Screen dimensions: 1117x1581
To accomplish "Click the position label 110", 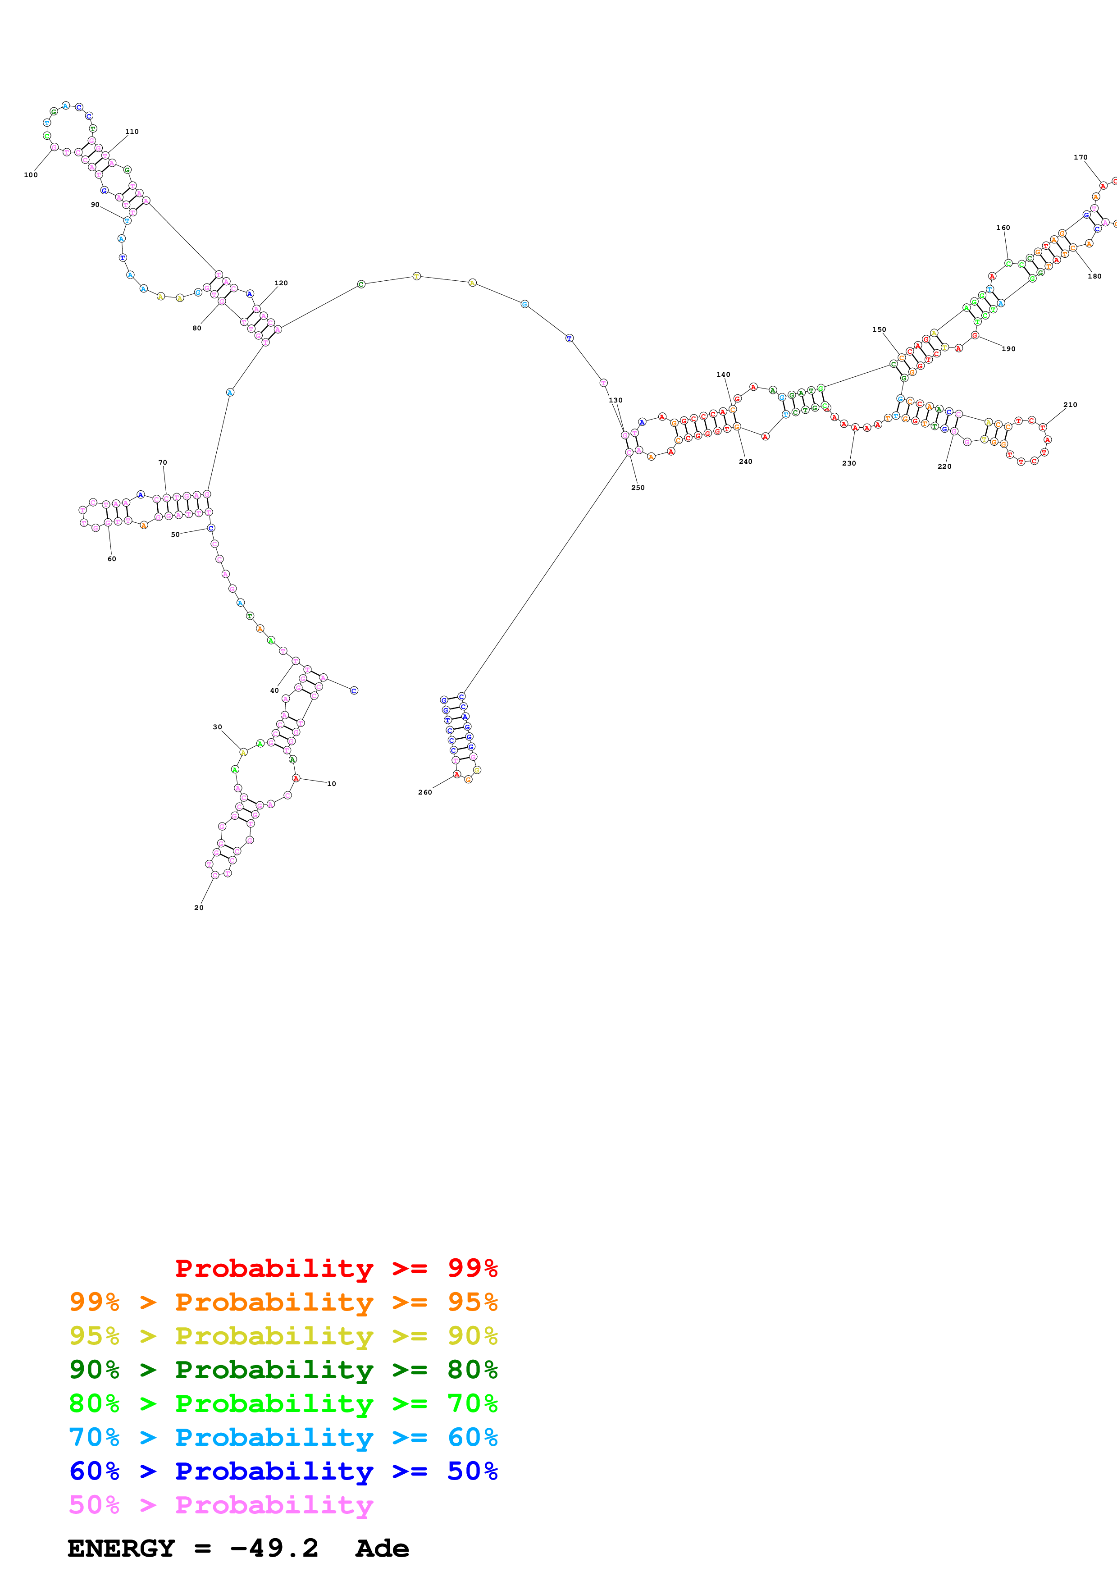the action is click(x=132, y=132).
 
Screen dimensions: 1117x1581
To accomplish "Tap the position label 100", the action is click(x=31, y=175).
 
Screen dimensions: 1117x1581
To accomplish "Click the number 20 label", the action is click(x=199, y=908).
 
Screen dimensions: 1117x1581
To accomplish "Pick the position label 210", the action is click(x=1070, y=405).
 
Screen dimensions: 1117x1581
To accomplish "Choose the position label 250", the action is click(x=638, y=488).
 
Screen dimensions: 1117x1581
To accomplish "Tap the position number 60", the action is click(x=111, y=559).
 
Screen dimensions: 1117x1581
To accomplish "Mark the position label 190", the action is click(x=1008, y=349).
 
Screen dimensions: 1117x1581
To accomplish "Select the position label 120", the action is click(x=281, y=283).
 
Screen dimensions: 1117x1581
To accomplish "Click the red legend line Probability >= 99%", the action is click(x=336, y=1268).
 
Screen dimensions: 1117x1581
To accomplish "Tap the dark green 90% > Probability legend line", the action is click(x=283, y=1370).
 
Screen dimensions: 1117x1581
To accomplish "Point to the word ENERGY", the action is click(x=121, y=1549).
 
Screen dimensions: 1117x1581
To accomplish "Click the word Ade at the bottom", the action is click(x=382, y=1549).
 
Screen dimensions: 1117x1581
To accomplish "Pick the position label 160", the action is click(x=1003, y=228).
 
